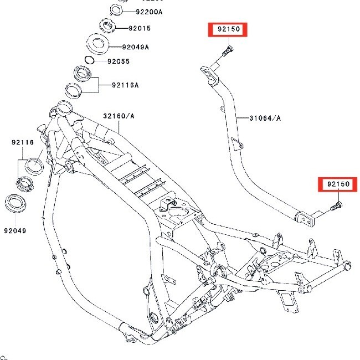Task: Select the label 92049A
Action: click(x=136, y=47)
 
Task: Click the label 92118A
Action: click(x=125, y=85)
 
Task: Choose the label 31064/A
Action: click(x=265, y=118)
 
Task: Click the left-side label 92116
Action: click(x=23, y=142)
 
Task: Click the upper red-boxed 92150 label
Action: click(x=228, y=30)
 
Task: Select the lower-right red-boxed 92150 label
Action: click(x=338, y=184)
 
